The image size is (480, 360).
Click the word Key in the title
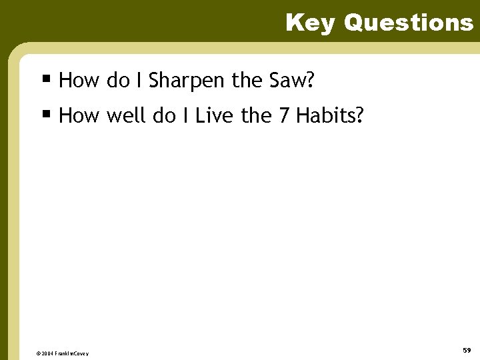[311, 23]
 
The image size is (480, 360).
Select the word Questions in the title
[408, 23]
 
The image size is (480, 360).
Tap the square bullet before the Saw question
[46, 79]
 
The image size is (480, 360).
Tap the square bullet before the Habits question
[46, 114]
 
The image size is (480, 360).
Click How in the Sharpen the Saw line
[79, 81]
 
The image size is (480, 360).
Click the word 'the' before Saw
[247, 81]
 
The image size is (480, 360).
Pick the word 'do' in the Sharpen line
[118, 81]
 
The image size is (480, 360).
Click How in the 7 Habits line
[79, 117]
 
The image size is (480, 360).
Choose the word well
[126, 117]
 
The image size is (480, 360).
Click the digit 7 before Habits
[284, 117]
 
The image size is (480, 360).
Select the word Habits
[330, 117]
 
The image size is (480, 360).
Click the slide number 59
[467, 350]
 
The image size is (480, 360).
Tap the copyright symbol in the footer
[39, 353]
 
